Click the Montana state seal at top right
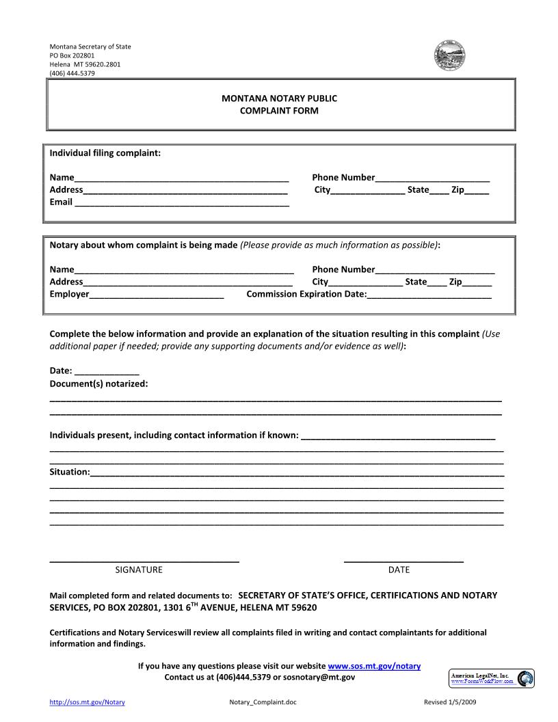[450, 56]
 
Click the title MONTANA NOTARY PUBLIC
[279, 98]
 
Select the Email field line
[181, 203]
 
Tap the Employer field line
[157, 295]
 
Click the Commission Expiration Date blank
[429, 295]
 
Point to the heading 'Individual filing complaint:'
[105, 152]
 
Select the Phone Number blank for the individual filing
[432, 178]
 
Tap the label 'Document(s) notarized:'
[98, 384]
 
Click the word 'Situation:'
[70, 472]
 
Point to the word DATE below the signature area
[399, 570]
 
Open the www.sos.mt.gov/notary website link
[374, 666]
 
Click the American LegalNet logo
[492, 678]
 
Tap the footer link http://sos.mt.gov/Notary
[87, 702]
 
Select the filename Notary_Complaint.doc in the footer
[264, 702]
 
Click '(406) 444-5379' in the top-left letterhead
[72, 73]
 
